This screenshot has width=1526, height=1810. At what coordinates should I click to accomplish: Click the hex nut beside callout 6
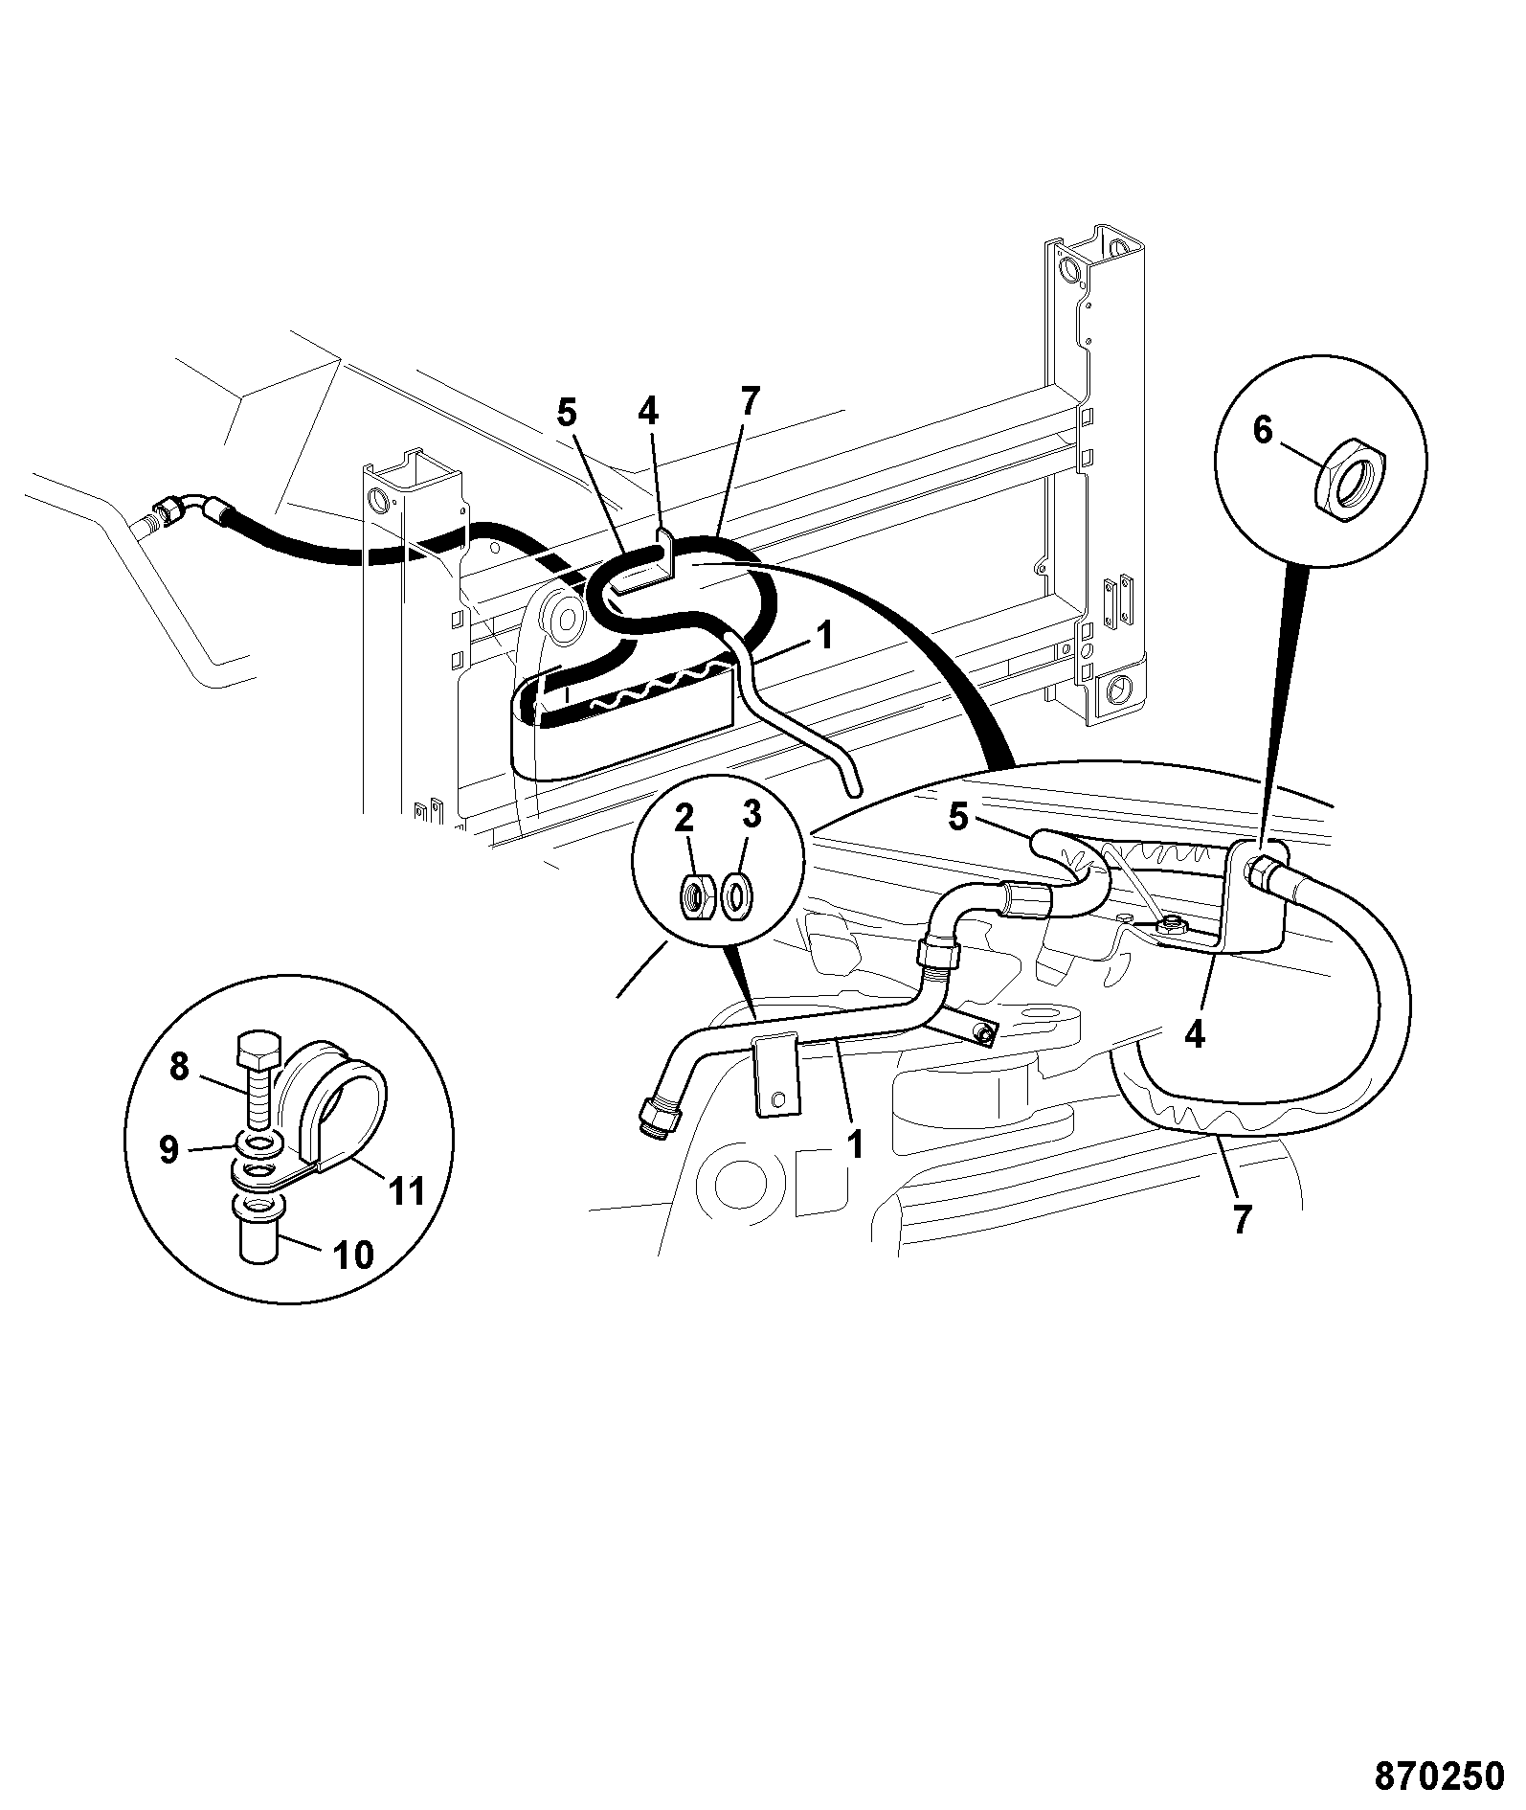[x=1350, y=476]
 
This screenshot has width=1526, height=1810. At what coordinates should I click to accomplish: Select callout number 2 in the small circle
[x=683, y=818]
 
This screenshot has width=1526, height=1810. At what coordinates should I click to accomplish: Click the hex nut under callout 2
[x=696, y=896]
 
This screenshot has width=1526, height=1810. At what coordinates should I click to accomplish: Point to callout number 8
[x=179, y=1066]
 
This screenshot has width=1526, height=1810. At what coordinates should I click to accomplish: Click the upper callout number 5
[x=567, y=413]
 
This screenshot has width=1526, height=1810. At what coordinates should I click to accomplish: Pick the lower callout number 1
[x=855, y=1143]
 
